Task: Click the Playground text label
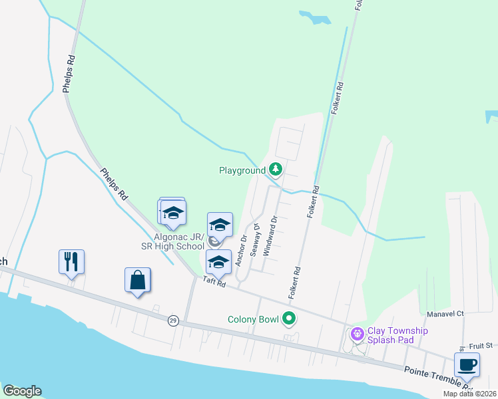(x=242, y=171)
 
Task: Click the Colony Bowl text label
(x=252, y=320)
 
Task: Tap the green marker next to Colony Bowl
(x=289, y=319)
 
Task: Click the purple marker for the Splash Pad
(x=357, y=334)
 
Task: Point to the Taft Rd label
(x=215, y=283)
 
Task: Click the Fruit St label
(x=479, y=346)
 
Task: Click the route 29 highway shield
(x=173, y=321)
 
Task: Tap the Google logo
(x=21, y=391)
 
